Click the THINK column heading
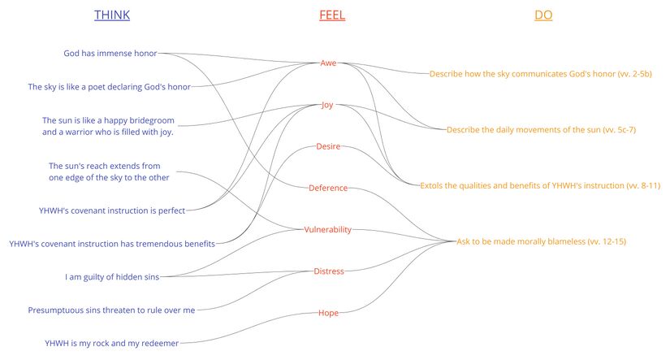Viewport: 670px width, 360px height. (111, 15)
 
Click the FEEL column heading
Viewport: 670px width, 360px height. (332, 15)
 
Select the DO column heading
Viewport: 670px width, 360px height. (543, 15)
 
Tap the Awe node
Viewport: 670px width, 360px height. (328, 63)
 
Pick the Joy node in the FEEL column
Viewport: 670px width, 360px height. (327, 105)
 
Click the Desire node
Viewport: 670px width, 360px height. (327, 146)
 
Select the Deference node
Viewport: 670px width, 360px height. (328, 188)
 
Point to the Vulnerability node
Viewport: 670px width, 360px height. (327, 229)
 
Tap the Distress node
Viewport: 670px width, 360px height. (329, 271)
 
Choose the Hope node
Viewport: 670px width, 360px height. (328, 313)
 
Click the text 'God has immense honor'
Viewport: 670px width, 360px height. (110, 54)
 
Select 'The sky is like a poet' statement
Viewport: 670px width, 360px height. (109, 87)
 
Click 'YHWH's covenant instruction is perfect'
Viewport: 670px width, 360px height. (111, 210)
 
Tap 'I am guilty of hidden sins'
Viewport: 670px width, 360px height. (112, 276)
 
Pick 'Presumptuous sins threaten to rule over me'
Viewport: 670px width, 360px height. (111, 310)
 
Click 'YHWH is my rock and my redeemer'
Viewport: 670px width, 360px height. (111, 343)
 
